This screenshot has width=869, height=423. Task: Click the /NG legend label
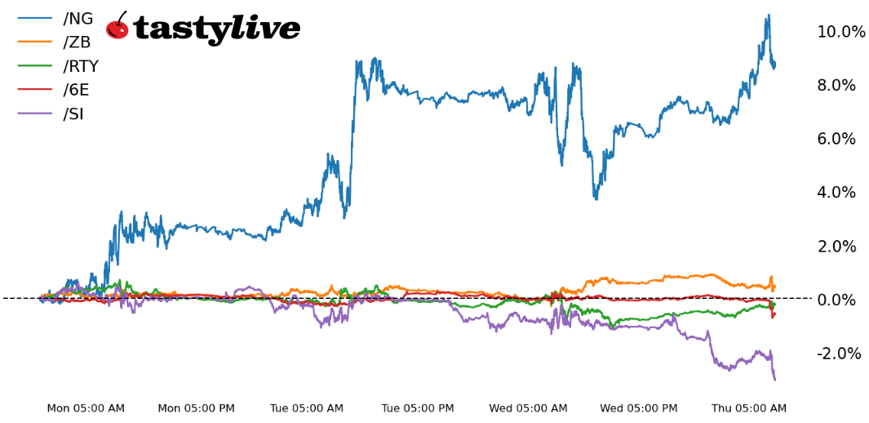[x=78, y=19]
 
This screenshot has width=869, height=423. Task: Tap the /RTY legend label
[x=81, y=66]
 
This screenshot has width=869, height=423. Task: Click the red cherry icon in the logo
[x=117, y=27]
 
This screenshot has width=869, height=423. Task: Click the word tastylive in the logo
[x=216, y=29]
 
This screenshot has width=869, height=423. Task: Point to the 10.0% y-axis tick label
[x=841, y=32]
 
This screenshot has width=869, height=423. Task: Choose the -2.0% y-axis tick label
[x=840, y=354]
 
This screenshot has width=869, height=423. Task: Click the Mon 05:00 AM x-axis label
[x=86, y=408]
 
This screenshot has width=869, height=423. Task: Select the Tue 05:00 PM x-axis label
[x=418, y=408]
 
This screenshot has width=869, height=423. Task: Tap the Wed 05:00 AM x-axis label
[x=528, y=408]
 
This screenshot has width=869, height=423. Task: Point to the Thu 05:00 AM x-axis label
[x=749, y=408]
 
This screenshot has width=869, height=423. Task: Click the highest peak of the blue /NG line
[x=768, y=15]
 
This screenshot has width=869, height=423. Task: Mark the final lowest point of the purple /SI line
[x=774, y=380]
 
